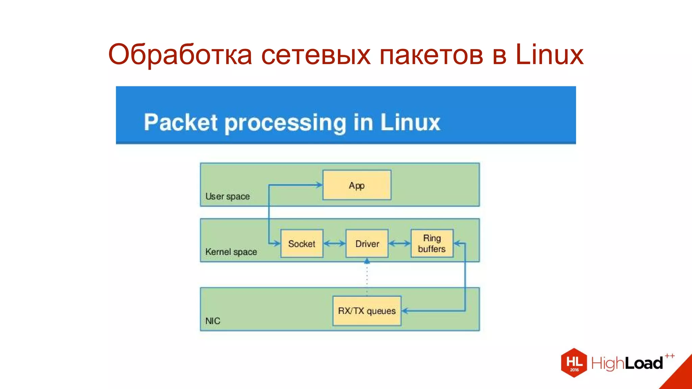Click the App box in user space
point(357,185)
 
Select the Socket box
point(302,243)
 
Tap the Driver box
point(367,243)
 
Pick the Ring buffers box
point(432,243)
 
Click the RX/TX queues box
point(367,311)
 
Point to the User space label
point(227,196)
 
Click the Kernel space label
point(231,252)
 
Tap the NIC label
point(213,321)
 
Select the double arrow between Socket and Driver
point(335,243)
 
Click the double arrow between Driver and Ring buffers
point(399,243)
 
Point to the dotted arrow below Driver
point(367,275)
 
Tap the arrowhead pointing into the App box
point(319,185)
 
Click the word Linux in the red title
point(549,55)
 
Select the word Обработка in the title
point(180,55)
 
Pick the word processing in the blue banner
point(286,123)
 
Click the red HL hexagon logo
point(574,363)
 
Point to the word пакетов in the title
point(431,55)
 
